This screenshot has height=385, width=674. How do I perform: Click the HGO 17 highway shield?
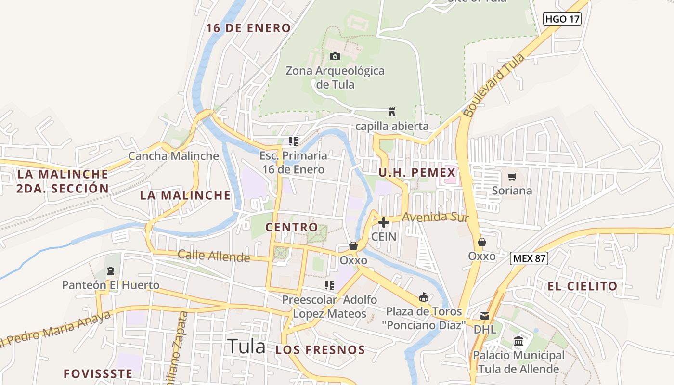(562, 19)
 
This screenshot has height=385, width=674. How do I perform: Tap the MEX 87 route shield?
(529, 258)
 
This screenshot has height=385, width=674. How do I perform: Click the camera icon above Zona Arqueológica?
(335, 56)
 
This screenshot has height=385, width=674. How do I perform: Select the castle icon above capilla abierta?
(392, 112)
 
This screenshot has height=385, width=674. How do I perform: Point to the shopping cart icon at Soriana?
(512, 177)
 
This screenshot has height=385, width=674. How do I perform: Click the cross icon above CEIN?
(384, 222)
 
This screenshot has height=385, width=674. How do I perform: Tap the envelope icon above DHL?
(484, 316)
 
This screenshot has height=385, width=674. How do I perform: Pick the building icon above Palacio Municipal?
(518, 341)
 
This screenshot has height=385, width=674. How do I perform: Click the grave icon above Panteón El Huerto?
(111, 271)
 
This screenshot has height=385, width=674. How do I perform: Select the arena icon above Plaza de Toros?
(424, 297)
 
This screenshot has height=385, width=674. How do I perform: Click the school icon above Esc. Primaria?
(293, 141)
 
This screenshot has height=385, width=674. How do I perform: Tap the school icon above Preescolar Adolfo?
(330, 285)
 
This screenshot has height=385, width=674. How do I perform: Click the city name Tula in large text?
(246, 346)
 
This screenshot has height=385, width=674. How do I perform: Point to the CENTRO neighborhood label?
(292, 227)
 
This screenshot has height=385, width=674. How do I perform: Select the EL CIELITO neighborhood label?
(582, 286)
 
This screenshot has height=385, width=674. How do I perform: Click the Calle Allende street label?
(214, 256)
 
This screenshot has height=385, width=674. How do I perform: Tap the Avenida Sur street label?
(435, 218)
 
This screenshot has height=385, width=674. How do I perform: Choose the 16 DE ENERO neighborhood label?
(248, 28)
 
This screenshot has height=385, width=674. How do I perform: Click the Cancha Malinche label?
(173, 156)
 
